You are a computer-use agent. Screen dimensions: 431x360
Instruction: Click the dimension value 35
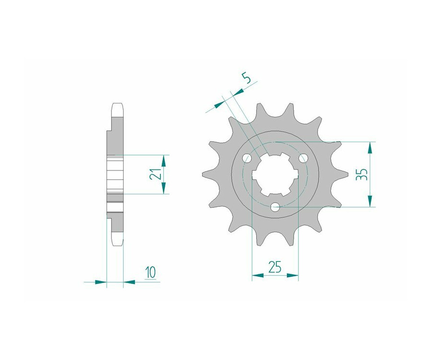tap(362, 174)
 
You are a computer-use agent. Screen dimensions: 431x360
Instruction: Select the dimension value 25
tap(275, 267)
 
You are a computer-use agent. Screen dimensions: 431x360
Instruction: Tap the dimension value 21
tap(155, 173)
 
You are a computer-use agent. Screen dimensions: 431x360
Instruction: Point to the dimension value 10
tap(151, 272)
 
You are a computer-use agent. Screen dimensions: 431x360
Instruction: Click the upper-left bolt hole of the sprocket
tap(247, 158)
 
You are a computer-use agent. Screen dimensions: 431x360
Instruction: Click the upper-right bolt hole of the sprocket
tap(304, 158)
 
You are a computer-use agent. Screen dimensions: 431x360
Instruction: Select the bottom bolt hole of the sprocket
tap(275, 207)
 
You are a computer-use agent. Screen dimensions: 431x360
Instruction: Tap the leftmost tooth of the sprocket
tap(209, 174)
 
